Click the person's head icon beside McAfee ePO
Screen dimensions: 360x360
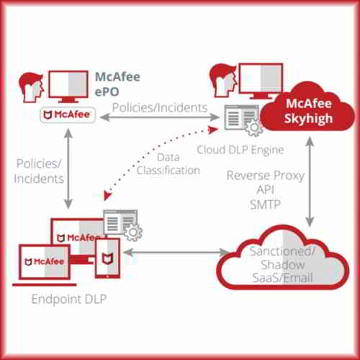(x=29, y=88)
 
